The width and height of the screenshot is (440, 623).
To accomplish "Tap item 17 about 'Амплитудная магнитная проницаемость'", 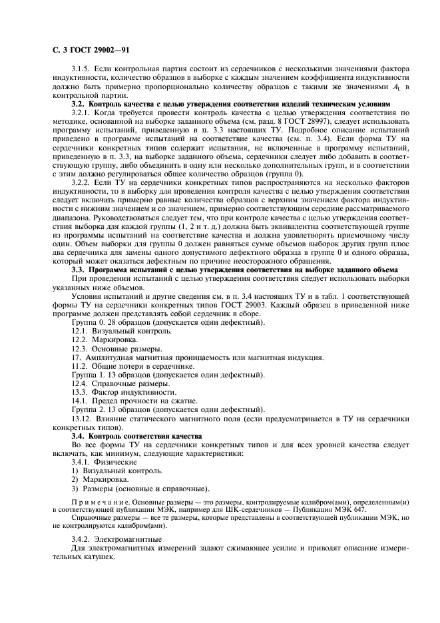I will click(198, 357).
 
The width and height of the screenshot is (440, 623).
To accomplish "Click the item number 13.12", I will click(83, 419).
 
